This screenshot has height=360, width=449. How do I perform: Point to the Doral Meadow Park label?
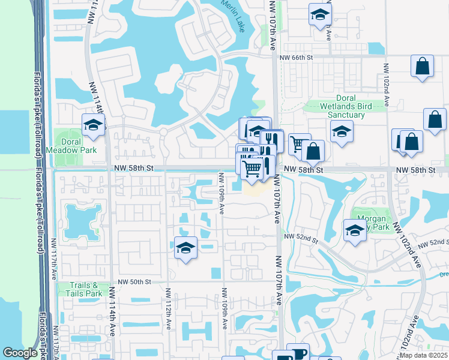click(x=75, y=145)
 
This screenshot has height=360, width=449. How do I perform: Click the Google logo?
click(x=20, y=353)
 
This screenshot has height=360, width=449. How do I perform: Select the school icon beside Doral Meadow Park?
click(x=94, y=125)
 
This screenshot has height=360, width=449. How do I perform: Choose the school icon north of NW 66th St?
click(x=320, y=14)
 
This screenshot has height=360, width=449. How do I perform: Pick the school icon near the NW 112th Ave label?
click(x=186, y=247)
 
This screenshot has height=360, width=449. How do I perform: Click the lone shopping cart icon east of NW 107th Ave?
click(x=298, y=144)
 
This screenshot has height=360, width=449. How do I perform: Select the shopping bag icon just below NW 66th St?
click(x=423, y=66)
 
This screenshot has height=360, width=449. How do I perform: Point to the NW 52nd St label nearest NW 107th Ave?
click(x=301, y=238)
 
